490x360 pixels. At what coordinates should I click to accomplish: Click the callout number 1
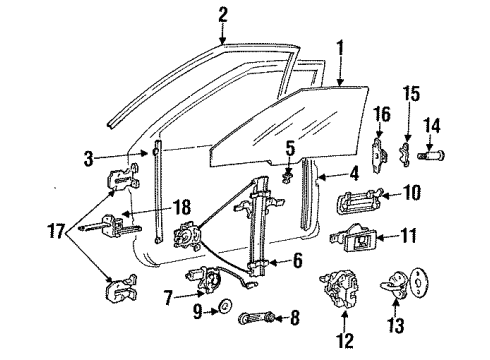(x=341, y=47)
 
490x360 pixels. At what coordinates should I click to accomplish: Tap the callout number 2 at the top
(x=222, y=13)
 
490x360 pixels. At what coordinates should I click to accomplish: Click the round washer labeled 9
(x=225, y=306)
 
